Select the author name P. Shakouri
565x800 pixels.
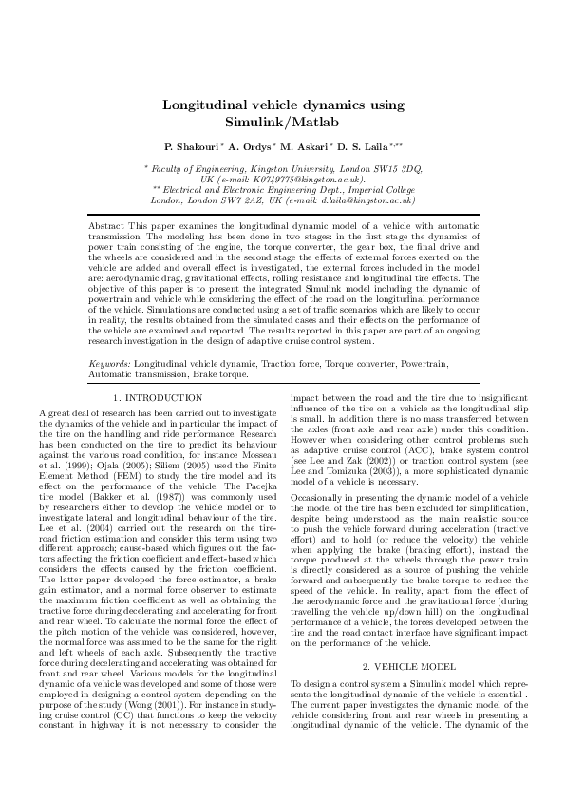pyautogui.click(x=193, y=149)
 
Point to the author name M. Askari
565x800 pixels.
pyautogui.click(x=308, y=149)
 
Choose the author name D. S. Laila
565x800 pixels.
pyautogui.click(x=368, y=149)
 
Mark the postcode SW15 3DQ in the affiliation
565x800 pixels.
pyautogui.click(x=399, y=168)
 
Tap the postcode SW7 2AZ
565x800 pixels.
pyautogui.click(x=257, y=200)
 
